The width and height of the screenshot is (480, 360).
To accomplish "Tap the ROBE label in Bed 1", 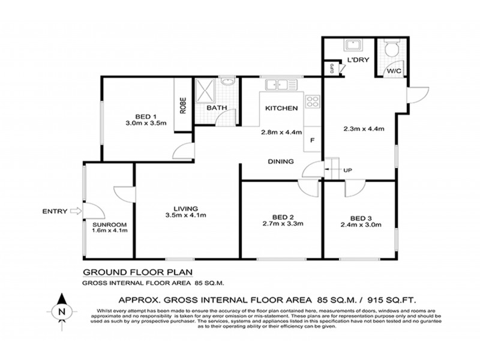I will (182, 106).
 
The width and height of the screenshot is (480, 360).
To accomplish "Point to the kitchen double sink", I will (280, 85).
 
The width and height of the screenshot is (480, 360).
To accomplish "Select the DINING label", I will (281, 161).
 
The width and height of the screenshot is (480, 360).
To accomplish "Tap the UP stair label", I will (347, 170).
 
